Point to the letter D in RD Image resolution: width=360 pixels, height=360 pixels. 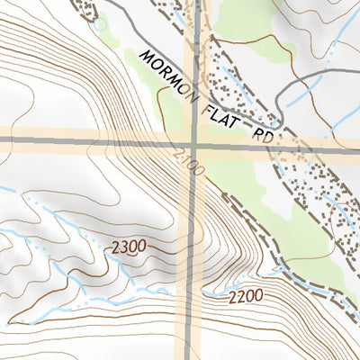267,139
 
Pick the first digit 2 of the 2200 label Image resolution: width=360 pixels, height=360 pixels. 230,294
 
